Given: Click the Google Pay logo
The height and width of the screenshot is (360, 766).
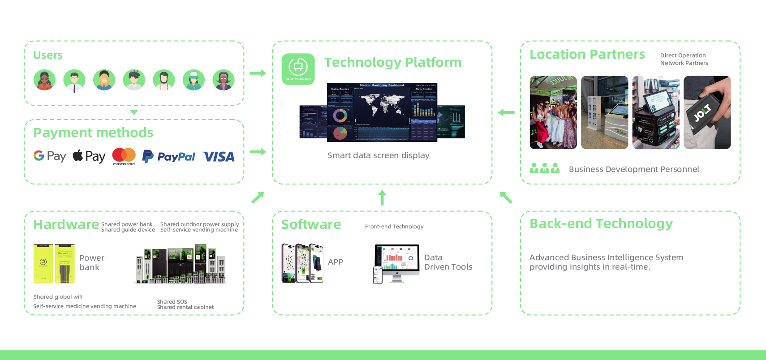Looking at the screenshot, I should pyautogui.click(x=50, y=156).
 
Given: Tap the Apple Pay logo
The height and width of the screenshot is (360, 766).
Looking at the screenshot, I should pyautogui.click(x=89, y=156).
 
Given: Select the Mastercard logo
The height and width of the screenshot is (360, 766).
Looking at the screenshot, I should pyautogui.click(x=124, y=156).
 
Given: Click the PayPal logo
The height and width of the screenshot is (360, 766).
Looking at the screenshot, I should pyautogui.click(x=169, y=157).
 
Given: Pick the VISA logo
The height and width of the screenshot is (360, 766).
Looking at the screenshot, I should pyautogui.click(x=219, y=157).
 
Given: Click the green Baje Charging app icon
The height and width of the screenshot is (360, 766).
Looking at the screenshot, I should pyautogui.click(x=298, y=69).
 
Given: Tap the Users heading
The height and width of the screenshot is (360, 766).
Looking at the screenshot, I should pyautogui.click(x=48, y=55).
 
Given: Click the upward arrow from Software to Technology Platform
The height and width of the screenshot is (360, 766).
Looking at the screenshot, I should pyautogui.click(x=382, y=197).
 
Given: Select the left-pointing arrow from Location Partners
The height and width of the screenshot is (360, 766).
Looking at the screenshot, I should pyautogui.click(x=506, y=112).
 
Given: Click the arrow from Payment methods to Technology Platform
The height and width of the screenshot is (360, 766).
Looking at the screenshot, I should pyautogui.click(x=258, y=152).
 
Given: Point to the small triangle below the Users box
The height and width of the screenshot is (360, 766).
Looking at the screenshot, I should pyautogui.click(x=134, y=112).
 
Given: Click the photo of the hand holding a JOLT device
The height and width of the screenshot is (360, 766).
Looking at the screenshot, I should pyautogui.click(x=707, y=112).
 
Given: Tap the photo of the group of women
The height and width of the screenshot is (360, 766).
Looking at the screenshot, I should pyautogui.click(x=553, y=112).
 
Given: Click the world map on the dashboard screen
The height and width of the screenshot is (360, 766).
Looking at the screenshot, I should pyautogui.click(x=382, y=104).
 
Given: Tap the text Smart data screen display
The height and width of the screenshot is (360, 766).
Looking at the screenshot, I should pyautogui.click(x=378, y=155).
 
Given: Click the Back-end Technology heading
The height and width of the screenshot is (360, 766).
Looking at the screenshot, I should pyautogui.click(x=601, y=223).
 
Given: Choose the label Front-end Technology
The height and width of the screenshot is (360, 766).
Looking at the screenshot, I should pyautogui.click(x=394, y=227).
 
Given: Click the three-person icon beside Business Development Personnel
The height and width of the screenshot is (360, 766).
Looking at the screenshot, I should pyautogui.click(x=545, y=168).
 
